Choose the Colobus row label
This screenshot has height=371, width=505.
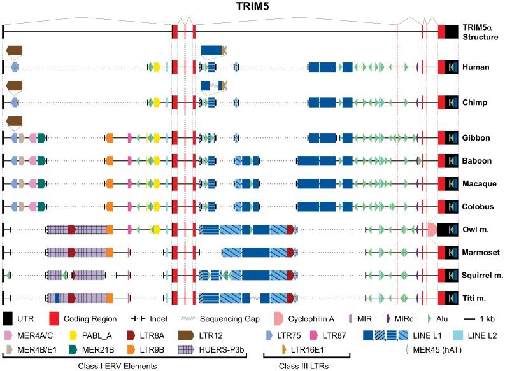coord(479,206)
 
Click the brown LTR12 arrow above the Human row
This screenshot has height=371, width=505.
coord(14,50)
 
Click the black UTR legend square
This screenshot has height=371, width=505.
coord(8,318)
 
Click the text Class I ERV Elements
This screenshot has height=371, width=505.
coord(111,366)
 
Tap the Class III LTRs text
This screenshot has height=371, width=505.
coord(306,366)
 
